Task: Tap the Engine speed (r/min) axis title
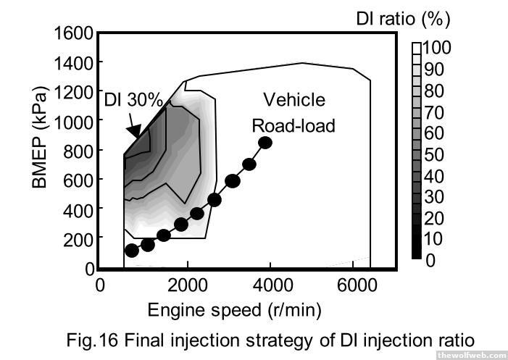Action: [x=234, y=311]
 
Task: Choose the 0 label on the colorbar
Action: [x=430, y=261]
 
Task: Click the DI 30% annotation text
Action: [x=134, y=99]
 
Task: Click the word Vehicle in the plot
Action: [x=293, y=99]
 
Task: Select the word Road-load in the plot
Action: [x=293, y=125]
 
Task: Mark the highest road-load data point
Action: [x=265, y=143]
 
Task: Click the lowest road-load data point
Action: [x=131, y=251]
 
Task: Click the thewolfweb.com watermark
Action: [x=471, y=354]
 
